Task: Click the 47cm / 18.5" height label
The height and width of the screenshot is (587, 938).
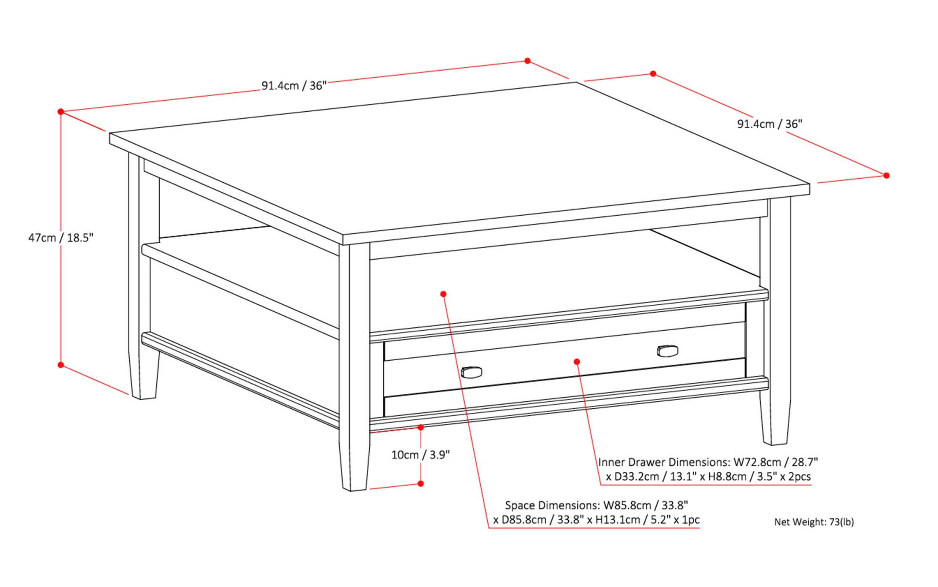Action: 61,238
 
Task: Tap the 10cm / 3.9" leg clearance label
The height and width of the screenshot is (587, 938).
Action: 420,454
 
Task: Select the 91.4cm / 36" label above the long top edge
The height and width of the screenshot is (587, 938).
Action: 294,86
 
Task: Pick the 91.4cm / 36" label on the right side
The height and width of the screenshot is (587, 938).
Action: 769,124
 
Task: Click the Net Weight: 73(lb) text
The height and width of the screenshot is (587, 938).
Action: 814,522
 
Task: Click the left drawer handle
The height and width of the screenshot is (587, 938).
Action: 472,372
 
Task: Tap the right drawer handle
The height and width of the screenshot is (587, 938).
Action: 667,350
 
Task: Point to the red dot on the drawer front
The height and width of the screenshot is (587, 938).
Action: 577,361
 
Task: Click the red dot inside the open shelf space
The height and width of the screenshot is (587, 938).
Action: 443,294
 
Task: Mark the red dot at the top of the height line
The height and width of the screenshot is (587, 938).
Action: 60,111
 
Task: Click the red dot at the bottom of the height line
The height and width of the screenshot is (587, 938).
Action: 60,365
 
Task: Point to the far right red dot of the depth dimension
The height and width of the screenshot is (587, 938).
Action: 886,175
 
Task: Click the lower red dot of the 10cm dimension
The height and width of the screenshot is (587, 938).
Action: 420,483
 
